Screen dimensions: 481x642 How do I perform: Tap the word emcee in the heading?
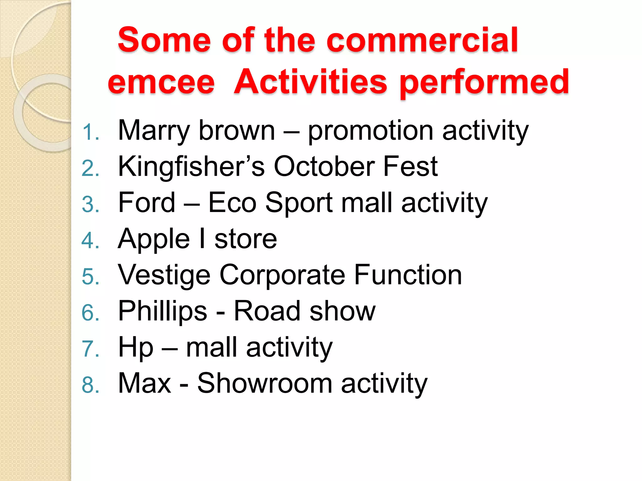click(161, 82)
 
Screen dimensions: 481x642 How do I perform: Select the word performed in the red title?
click(484, 82)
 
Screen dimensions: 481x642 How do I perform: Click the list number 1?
click(90, 132)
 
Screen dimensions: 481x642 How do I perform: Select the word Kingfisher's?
click(191, 167)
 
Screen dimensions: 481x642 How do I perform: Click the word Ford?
click(147, 203)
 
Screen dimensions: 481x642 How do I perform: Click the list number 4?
click(90, 241)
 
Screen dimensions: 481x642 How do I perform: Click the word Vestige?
click(164, 275)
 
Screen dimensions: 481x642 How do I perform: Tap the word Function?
click(408, 275)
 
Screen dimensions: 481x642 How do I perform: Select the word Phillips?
click(163, 311)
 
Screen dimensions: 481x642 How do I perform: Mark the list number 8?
click(90, 385)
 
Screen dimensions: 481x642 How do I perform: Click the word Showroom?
click(265, 383)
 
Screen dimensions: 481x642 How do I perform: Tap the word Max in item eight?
click(145, 383)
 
